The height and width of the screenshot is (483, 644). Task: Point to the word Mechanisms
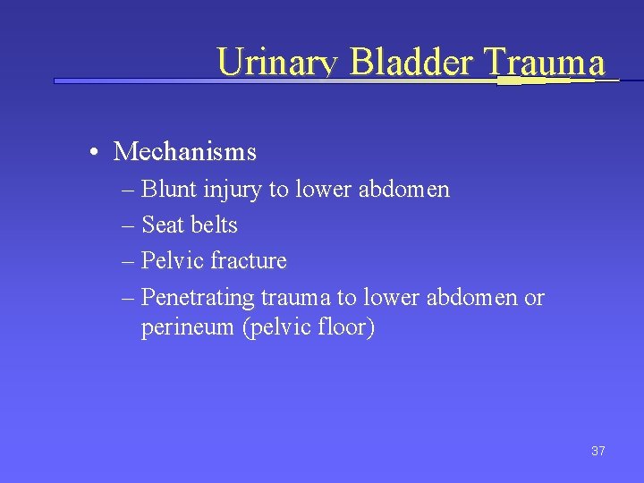pyautogui.click(x=185, y=152)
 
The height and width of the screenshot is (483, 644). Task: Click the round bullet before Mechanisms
pyautogui.click(x=94, y=153)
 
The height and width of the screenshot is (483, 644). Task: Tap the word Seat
pyautogui.click(x=161, y=225)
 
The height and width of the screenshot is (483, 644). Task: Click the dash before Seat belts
pyautogui.click(x=127, y=226)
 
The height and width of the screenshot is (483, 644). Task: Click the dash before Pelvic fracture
pyautogui.click(x=127, y=262)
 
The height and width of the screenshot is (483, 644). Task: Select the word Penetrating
pyautogui.click(x=199, y=297)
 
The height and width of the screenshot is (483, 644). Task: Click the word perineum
pyautogui.click(x=188, y=328)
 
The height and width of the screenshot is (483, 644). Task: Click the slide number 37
pyautogui.click(x=597, y=451)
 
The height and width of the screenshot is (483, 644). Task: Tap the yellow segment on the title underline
pyautogui.click(x=521, y=80)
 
